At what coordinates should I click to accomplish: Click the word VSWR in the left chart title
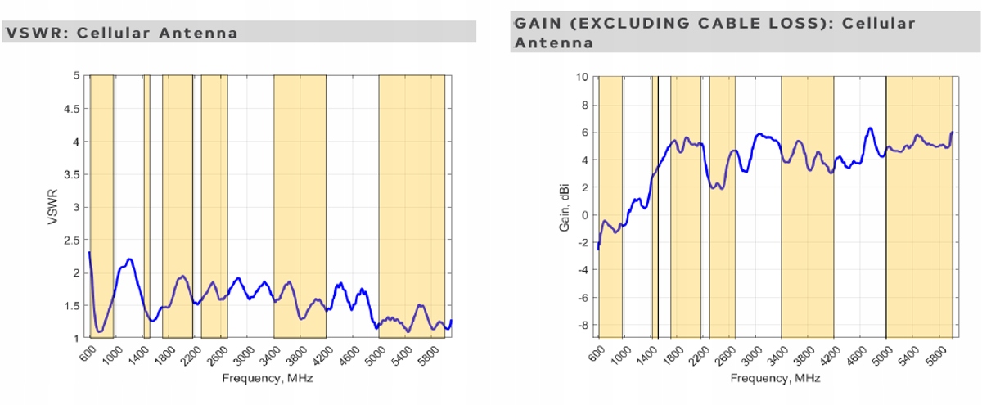[32, 33]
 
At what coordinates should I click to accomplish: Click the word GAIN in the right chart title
[537, 23]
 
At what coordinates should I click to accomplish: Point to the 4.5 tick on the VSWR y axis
[74, 108]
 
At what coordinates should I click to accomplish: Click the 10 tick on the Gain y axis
[582, 77]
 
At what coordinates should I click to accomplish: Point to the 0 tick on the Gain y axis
[585, 215]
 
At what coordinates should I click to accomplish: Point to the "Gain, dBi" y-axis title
[565, 206]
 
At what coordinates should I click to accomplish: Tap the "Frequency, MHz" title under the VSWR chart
[267, 379]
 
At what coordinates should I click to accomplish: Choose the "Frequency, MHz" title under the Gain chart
[774, 379]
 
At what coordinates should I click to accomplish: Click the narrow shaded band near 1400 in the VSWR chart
[146, 205]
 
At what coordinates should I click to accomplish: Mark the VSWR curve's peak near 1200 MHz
[129, 259]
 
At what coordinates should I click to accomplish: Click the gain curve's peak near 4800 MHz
[870, 128]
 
